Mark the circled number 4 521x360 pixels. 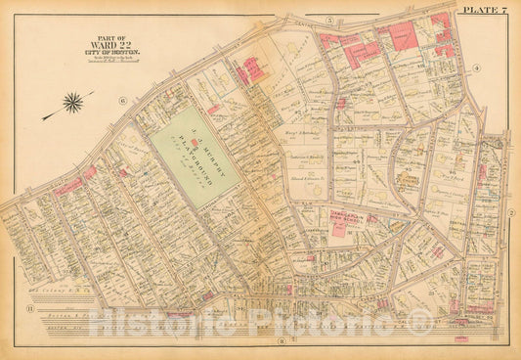[476, 67]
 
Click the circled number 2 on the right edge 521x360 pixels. [510, 211]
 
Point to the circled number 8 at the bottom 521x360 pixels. [282, 340]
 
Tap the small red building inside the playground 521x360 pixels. [212, 110]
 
